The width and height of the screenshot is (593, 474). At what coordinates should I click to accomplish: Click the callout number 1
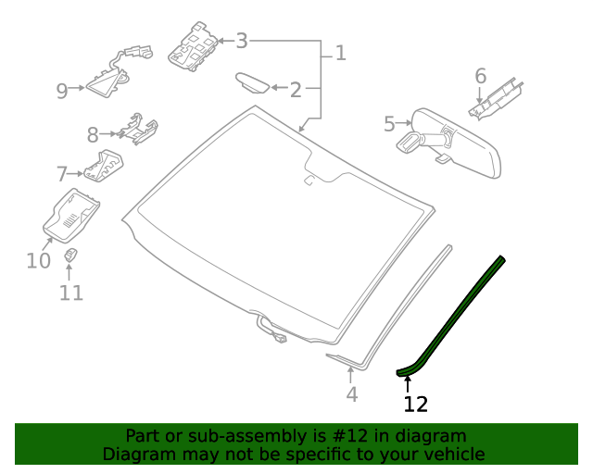coord(340,53)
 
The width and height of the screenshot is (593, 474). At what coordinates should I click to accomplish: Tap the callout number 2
coord(296,90)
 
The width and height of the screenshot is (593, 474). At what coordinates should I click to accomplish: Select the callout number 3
coord(242,41)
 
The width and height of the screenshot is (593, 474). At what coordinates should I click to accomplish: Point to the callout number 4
coord(351,394)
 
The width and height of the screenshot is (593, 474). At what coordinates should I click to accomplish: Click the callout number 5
coord(389,121)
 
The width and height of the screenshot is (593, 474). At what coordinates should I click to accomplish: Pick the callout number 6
coord(480,75)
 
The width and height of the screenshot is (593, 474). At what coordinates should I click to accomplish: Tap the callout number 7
coord(62,173)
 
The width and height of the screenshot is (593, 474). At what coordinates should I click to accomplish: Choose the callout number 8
coord(93,136)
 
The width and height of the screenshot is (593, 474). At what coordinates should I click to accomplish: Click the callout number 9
coord(62,91)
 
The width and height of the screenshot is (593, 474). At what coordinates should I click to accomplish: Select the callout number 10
coord(38,261)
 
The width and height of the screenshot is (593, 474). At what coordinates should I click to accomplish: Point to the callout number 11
coord(71,293)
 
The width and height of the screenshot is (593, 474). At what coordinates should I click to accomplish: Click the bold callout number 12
coord(416,404)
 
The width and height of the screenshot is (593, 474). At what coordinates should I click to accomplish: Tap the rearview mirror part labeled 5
coord(458,140)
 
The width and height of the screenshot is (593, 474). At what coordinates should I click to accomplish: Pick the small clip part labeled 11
coord(70,255)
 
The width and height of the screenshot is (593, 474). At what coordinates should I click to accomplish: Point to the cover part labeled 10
coord(72,216)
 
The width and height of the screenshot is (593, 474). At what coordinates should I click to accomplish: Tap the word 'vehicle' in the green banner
coord(453,454)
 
